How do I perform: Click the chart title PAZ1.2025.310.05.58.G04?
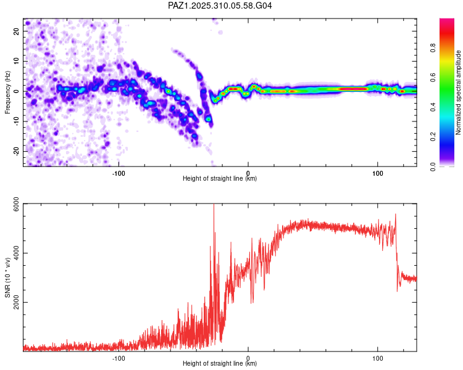click(220, 6)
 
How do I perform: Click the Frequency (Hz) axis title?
click(7, 92)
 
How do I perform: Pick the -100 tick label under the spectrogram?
click(119, 172)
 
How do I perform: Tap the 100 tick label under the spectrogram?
click(377, 172)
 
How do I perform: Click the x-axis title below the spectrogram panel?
click(220, 179)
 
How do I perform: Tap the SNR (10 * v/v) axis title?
click(7, 277)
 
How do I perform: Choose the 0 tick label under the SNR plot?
click(248, 358)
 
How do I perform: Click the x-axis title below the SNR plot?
click(220, 364)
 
